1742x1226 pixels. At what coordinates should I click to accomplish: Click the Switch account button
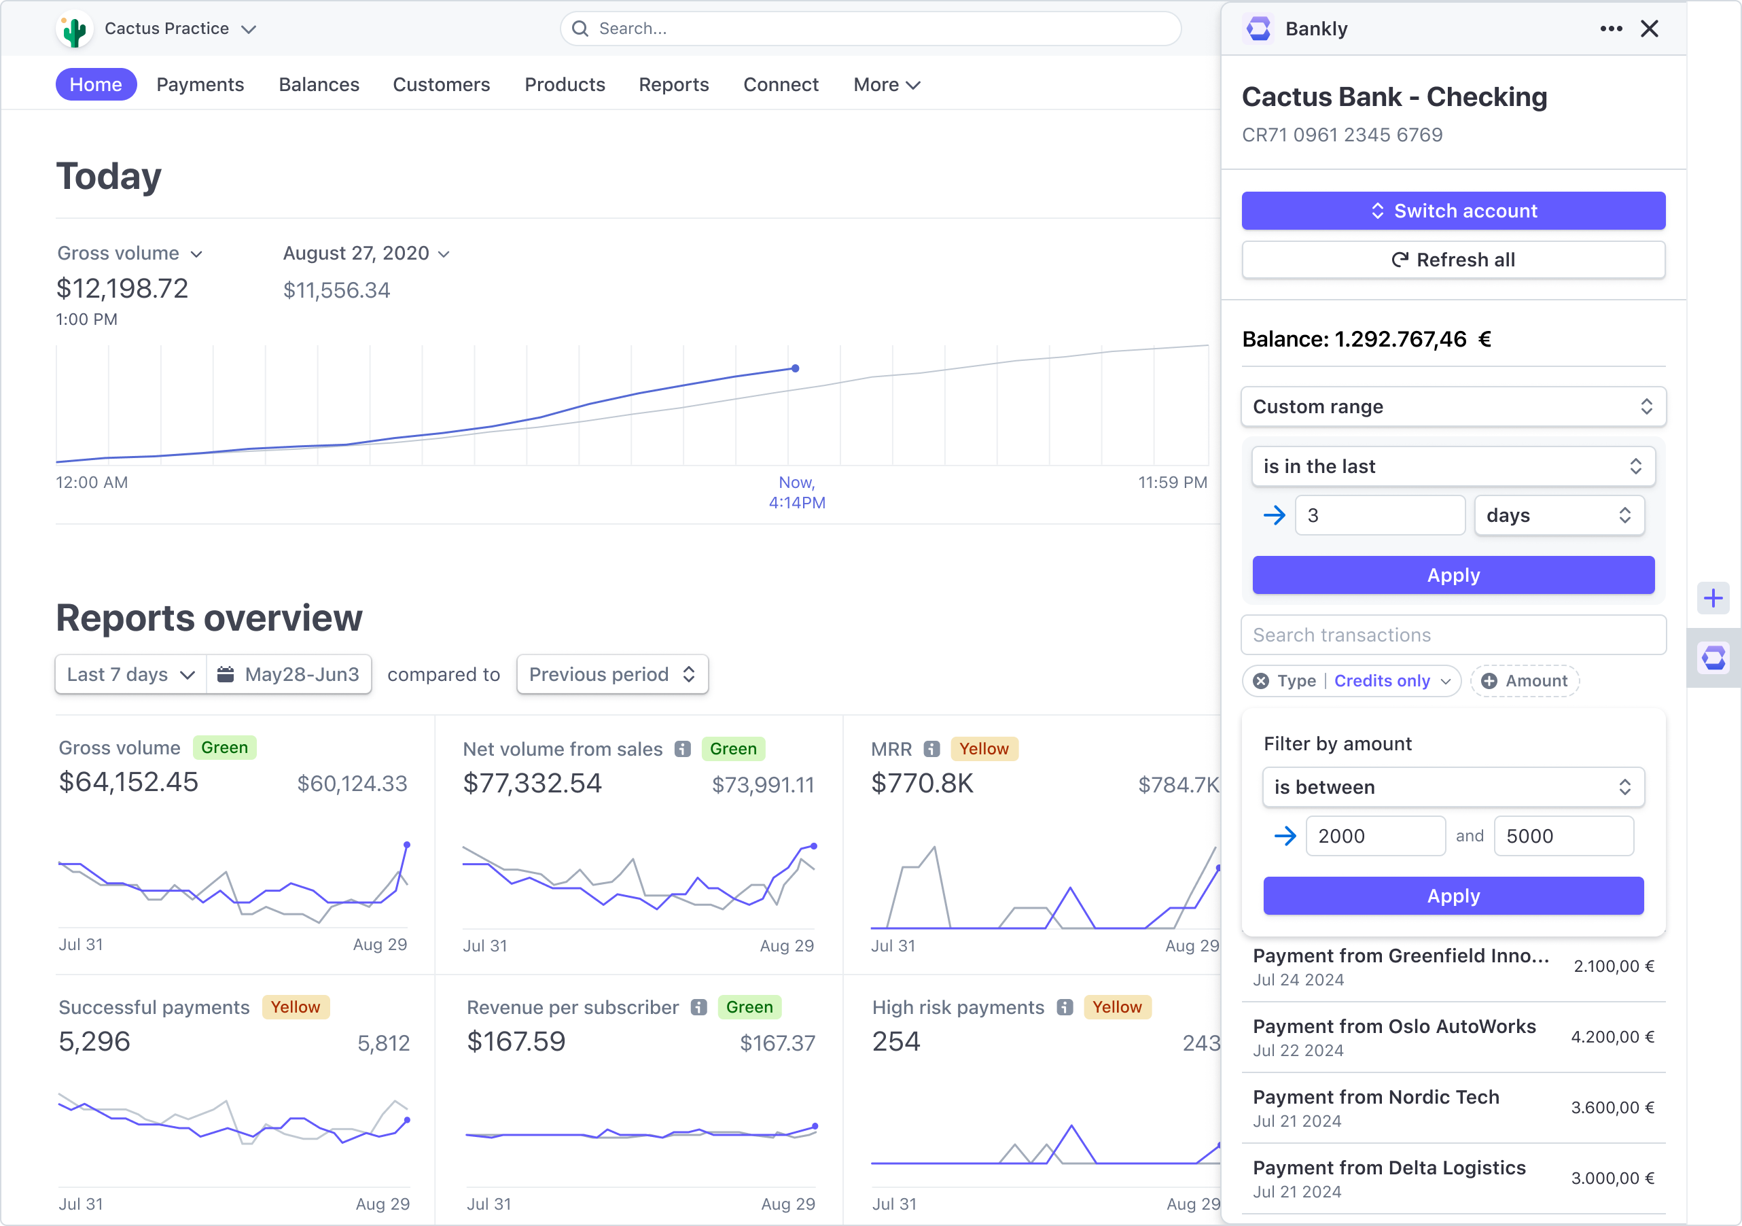click(x=1453, y=211)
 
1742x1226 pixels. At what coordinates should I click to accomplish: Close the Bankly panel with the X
click(x=1650, y=29)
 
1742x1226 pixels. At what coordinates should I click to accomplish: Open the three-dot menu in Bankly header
click(x=1611, y=29)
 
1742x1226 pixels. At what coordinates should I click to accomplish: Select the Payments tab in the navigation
click(x=200, y=84)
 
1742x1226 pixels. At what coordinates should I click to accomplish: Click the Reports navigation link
click(x=674, y=84)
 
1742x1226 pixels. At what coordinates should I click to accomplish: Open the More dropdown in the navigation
click(x=886, y=84)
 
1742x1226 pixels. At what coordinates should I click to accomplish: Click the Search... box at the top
click(x=870, y=29)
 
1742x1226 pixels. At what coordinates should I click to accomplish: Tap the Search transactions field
click(x=1453, y=635)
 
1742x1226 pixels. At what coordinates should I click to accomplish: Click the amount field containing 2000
click(x=1375, y=836)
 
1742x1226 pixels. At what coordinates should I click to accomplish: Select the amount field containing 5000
click(x=1563, y=836)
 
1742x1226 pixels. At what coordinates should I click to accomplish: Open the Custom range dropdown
click(x=1453, y=407)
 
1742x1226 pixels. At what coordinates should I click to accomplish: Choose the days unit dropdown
click(x=1559, y=515)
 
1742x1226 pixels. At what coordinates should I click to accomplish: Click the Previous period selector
click(x=612, y=674)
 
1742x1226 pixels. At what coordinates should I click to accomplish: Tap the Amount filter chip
click(x=1525, y=681)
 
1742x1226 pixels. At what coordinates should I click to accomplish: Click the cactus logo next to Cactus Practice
click(x=74, y=31)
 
